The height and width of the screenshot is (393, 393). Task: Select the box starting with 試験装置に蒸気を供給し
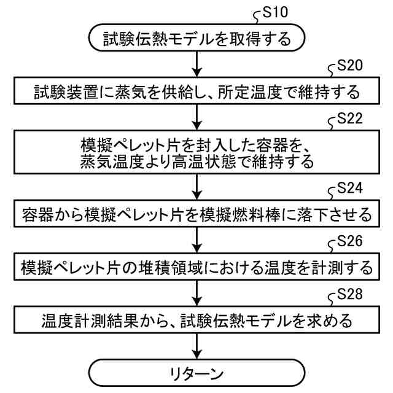[x=196, y=93]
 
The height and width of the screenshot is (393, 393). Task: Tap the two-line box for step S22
[x=196, y=154]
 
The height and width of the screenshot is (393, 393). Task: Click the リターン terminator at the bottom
[x=196, y=373]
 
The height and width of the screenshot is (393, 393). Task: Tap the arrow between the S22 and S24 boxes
[x=196, y=187]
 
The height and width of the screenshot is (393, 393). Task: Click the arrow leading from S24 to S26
[x=196, y=241]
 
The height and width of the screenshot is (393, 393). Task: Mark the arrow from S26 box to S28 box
[x=196, y=294]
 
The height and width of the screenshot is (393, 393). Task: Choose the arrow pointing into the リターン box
[x=196, y=346]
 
